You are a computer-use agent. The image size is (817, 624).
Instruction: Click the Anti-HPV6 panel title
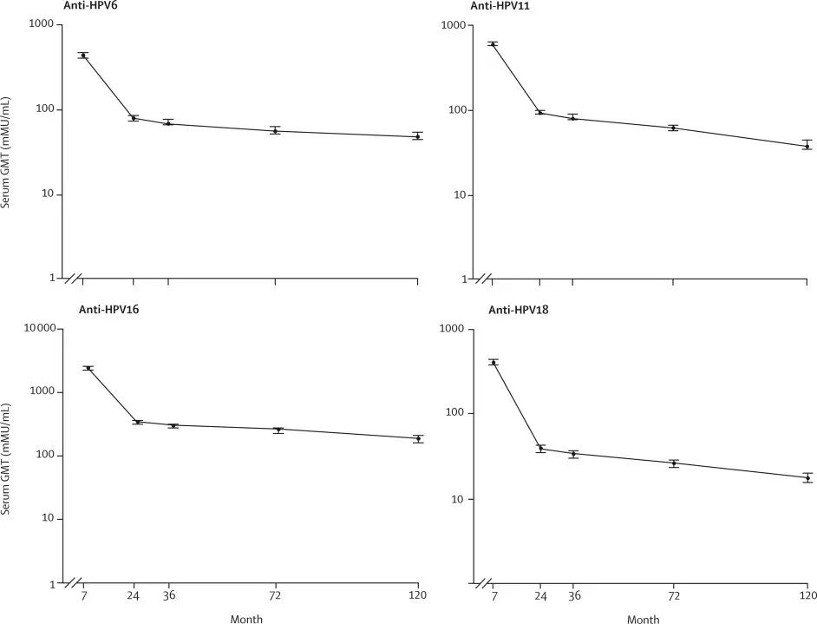[x=90, y=6]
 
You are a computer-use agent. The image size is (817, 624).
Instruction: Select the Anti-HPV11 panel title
[x=500, y=6]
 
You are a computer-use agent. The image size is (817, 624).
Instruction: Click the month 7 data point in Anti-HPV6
[x=83, y=56]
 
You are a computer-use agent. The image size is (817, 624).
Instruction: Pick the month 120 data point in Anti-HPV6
[x=418, y=136]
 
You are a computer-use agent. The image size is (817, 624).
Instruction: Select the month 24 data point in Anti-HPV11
[x=540, y=112]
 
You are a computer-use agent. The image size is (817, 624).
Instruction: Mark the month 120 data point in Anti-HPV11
[x=807, y=146]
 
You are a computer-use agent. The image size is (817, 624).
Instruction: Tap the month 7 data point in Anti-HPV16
[x=88, y=369]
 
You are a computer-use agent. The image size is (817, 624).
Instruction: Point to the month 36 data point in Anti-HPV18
[x=573, y=454]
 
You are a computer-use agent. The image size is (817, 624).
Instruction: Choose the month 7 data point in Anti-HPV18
[x=493, y=363]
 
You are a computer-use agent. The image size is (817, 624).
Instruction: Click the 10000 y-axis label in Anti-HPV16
[x=39, y=329]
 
